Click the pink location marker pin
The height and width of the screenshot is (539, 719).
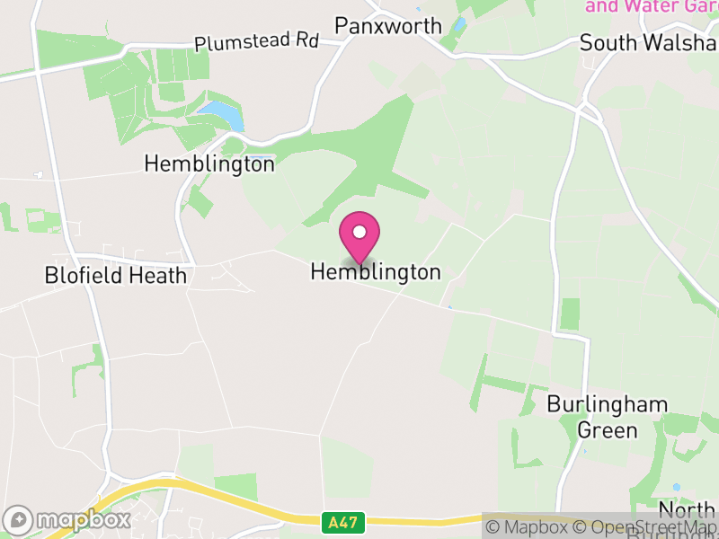[x=359, y=237]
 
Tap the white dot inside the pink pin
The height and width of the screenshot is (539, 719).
[x=359, y=233]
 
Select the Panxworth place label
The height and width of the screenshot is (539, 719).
[x=388, y=25]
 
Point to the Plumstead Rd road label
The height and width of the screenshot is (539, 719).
[x=257, y=41]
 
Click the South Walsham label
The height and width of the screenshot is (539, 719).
[x=648, y=43]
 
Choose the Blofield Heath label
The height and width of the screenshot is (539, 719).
[x=116, y=276]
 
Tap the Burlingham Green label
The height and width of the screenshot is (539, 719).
[x=607, y=417]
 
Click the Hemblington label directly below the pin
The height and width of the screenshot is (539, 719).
[x=376, y=272]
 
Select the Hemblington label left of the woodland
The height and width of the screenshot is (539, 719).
[x=209, y=164]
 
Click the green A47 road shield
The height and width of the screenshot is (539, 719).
[x=336, y=520]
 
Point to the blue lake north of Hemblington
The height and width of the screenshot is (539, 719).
[x=221, y=114]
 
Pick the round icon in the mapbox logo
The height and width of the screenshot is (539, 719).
[x=20, y=519]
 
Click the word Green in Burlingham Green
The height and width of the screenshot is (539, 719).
[x=607, y=430]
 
